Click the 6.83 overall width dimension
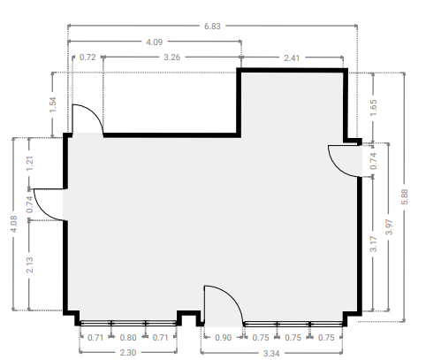tap(212, 27)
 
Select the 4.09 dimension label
tap(155, 42)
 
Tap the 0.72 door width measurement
tap(87, 57)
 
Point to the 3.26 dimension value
tap(171, 57)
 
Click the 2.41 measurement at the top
tap(292, 58)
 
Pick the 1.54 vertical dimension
tap(53, 104)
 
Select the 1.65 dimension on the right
tap(373, 108)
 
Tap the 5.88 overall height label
tap(405, 197)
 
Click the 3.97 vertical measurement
tap(389, 227)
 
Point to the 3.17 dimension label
tap(373, 244)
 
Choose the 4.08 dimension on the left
tap(13, 224)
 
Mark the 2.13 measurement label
tap(29, 265)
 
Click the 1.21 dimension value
tap(29, 164)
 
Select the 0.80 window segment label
tap(128, 338)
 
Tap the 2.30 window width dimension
tap(128, 353)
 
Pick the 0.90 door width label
tap(223, 338)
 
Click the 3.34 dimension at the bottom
tap(271, 354)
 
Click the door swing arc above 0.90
tap(232, 297)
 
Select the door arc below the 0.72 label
tap(95, 113)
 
